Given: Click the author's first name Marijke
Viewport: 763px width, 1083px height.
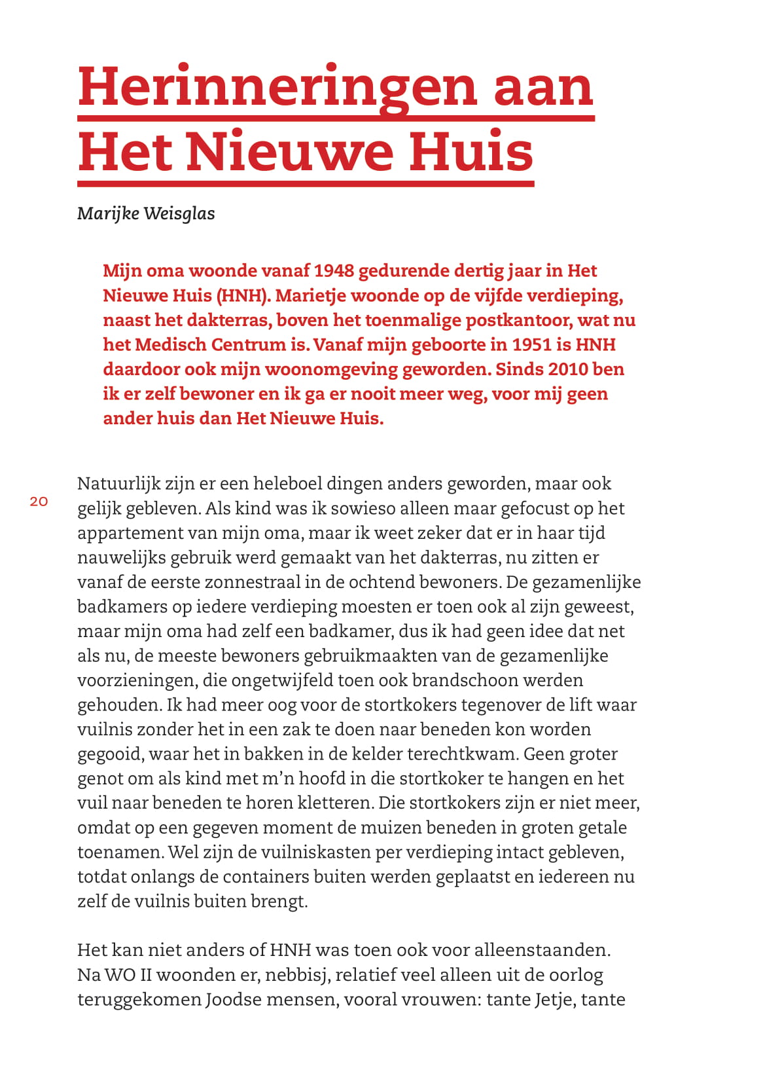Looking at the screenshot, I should coord(107,213).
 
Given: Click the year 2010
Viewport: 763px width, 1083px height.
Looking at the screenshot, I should coord(568,369).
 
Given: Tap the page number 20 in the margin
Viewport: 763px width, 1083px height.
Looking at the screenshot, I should coord(39,502).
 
